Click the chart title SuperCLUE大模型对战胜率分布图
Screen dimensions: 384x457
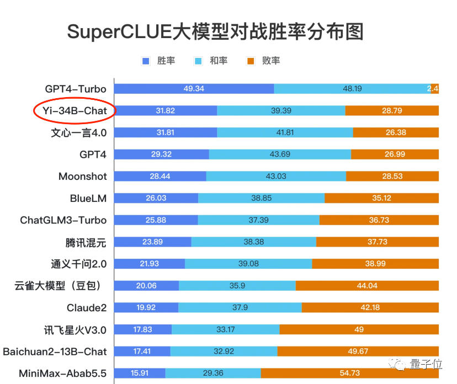click(215, 32)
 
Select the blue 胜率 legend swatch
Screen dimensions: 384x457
click(146, 61)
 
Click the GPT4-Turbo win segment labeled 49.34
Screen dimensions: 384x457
click(194, 89)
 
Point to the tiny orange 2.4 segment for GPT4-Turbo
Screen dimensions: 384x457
click(434, 89)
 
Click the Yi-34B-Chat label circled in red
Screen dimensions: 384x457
click(74, 111)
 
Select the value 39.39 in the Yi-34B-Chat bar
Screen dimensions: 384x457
click(281, 111)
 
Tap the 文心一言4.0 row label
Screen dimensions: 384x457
click(78, 133)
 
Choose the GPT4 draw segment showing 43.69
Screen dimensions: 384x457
click(280, 154)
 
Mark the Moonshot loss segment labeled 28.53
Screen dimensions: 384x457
click(392, 177)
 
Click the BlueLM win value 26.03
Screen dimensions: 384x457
click(156, 198)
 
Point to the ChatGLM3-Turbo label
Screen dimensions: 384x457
click(63, 220)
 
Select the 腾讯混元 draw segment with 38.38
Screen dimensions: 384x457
click(253, 242)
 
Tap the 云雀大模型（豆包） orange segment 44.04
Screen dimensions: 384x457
click(367, 286)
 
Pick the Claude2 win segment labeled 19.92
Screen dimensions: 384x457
click(146, 307)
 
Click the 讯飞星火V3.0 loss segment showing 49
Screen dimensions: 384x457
click(359, 329)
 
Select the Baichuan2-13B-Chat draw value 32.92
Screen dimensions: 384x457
click(224, 351)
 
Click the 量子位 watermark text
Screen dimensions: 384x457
click(426, 364)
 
